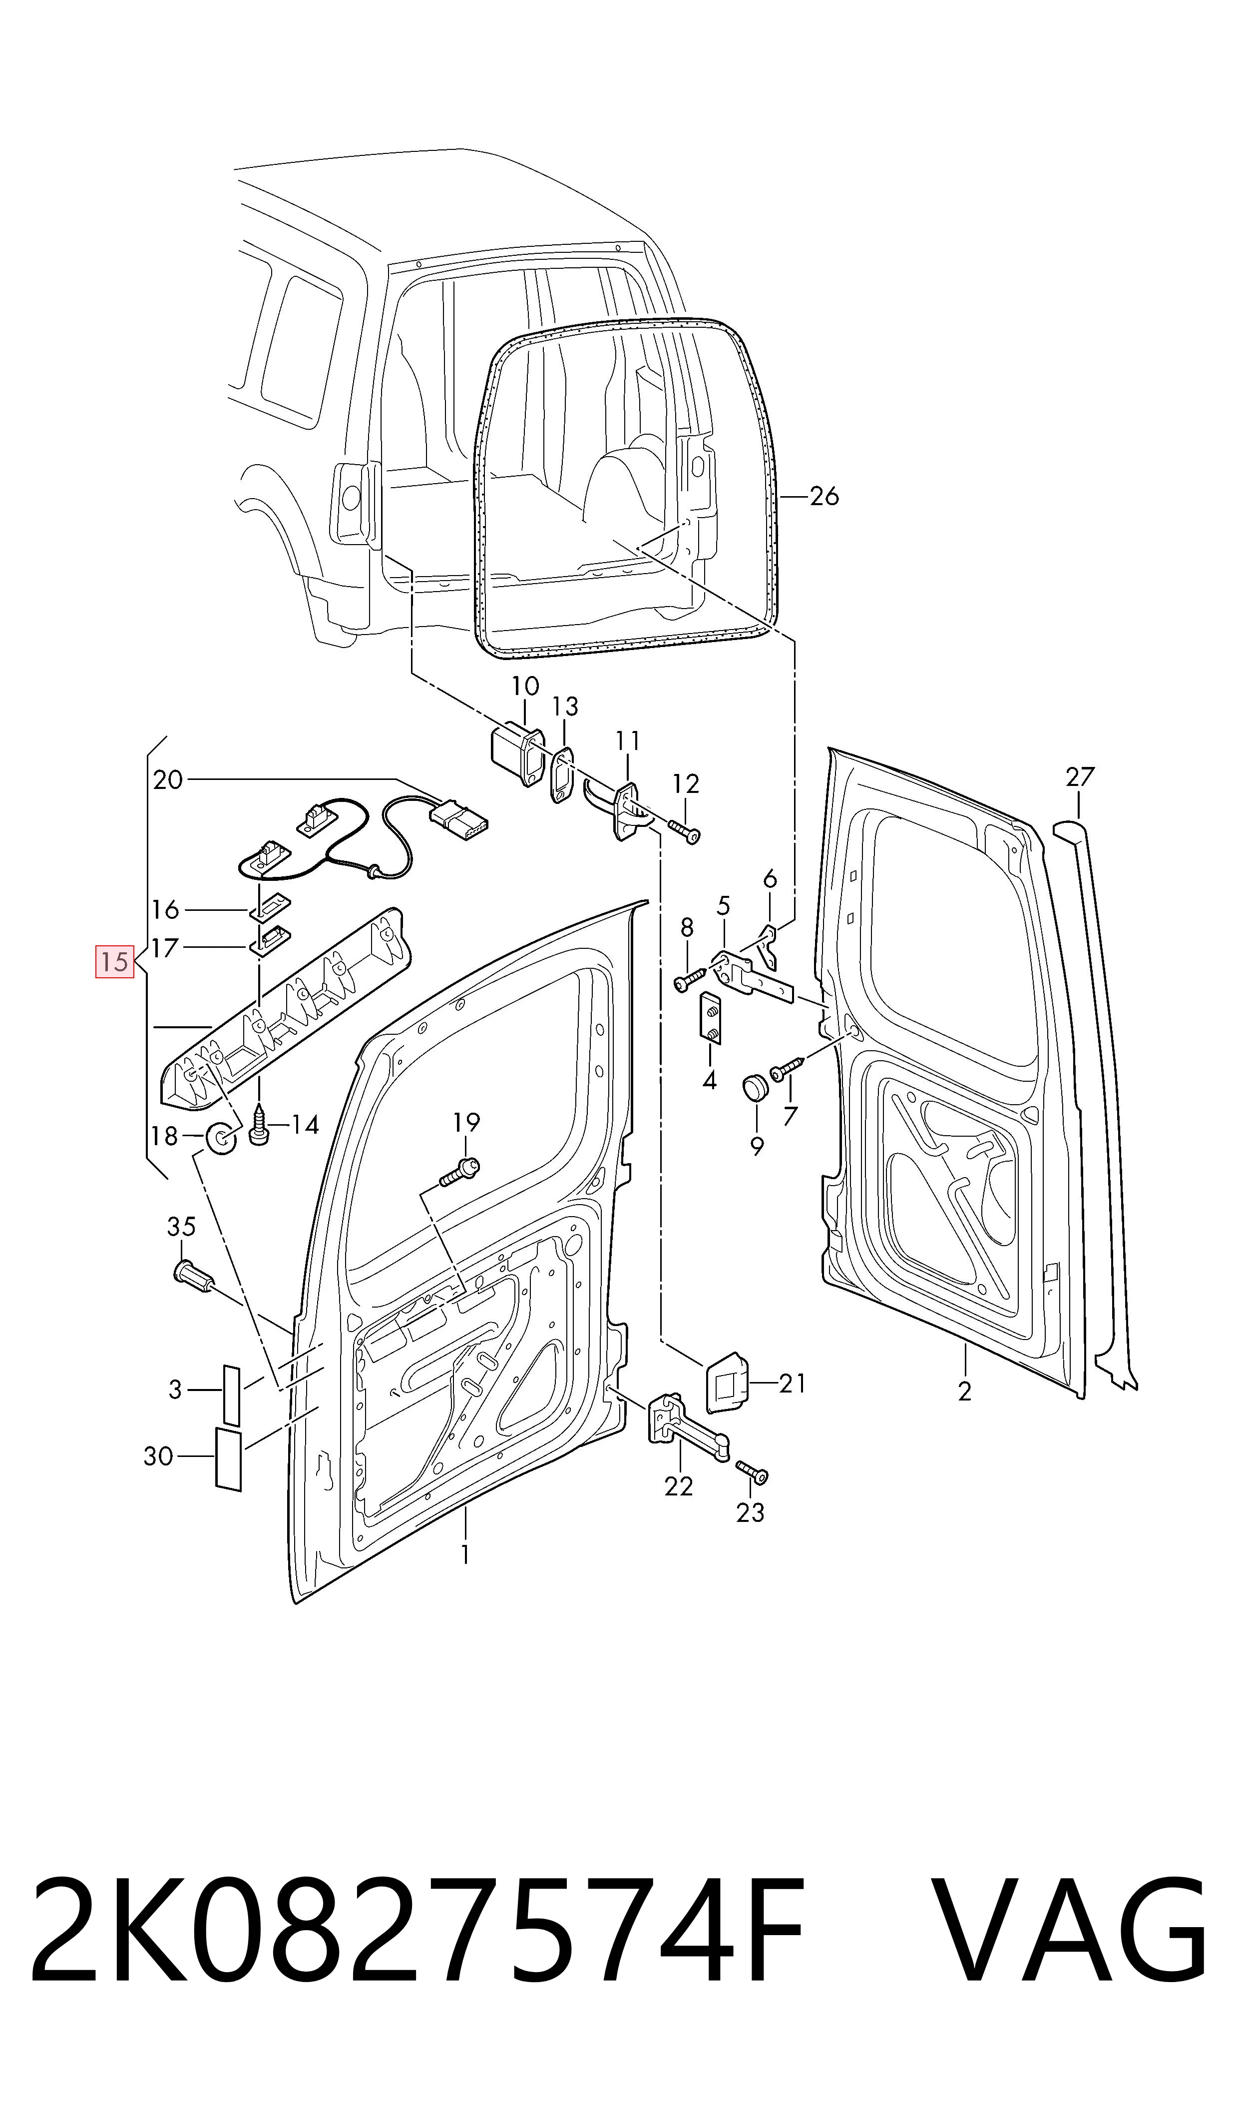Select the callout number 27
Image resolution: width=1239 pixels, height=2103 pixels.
point(1080,777)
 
